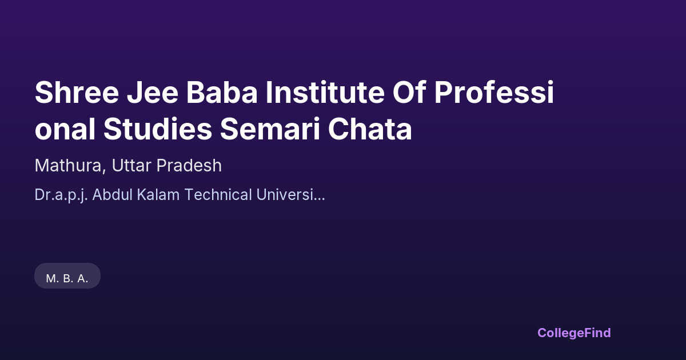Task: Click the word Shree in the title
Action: coord(77,92)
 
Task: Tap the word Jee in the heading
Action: coord(152,92)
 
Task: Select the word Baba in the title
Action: coord(222,92)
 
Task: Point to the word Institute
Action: coord(325,92)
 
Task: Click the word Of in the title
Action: coord(409,92)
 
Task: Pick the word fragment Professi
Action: coord(494,92)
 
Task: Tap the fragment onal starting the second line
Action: coord(65,129)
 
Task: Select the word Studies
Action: coord(158,129)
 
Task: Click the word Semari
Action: coord(270,129)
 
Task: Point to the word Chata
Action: coord(370,129)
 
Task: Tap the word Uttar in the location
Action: coord(131,166)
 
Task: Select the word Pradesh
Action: coord(189,166)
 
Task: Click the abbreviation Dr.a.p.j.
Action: coord(61,195)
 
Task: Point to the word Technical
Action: coord(218,195)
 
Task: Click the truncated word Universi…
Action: coord(290,195)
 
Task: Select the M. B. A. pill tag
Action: coord(67,276)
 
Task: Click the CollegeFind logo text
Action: coord(574,333)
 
